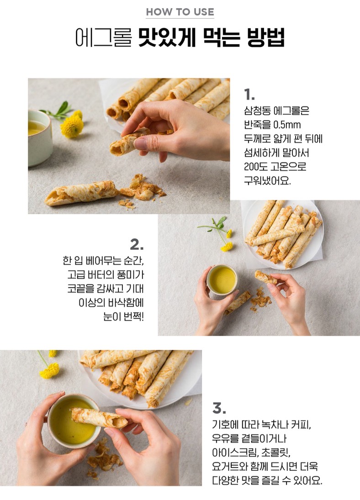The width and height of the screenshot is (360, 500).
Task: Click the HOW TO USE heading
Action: click(180, 12)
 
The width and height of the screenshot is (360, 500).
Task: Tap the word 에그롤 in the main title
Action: click(103, 38)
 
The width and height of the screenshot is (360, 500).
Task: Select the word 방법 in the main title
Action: click(265, 38)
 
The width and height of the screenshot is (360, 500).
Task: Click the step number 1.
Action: click(249, 95)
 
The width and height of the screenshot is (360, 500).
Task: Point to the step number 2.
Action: click(137, 245)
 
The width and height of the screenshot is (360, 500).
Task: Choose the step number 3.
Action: click(219, 408)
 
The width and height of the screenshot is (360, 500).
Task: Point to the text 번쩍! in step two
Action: click(133, 316)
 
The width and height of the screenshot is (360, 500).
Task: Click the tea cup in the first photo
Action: click(40, 137)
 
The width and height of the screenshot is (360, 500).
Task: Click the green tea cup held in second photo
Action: click(222, 279)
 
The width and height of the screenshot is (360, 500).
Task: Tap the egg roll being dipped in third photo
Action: click(99, 418)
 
